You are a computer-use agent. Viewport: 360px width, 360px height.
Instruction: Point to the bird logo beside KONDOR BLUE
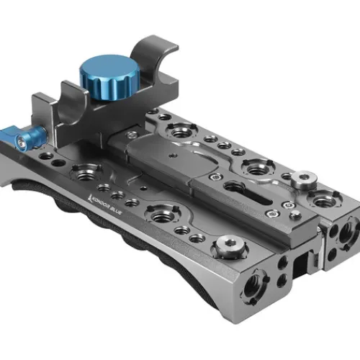coord(90,197)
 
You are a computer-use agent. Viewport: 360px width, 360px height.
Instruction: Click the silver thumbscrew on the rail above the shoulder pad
coord(230,247)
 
